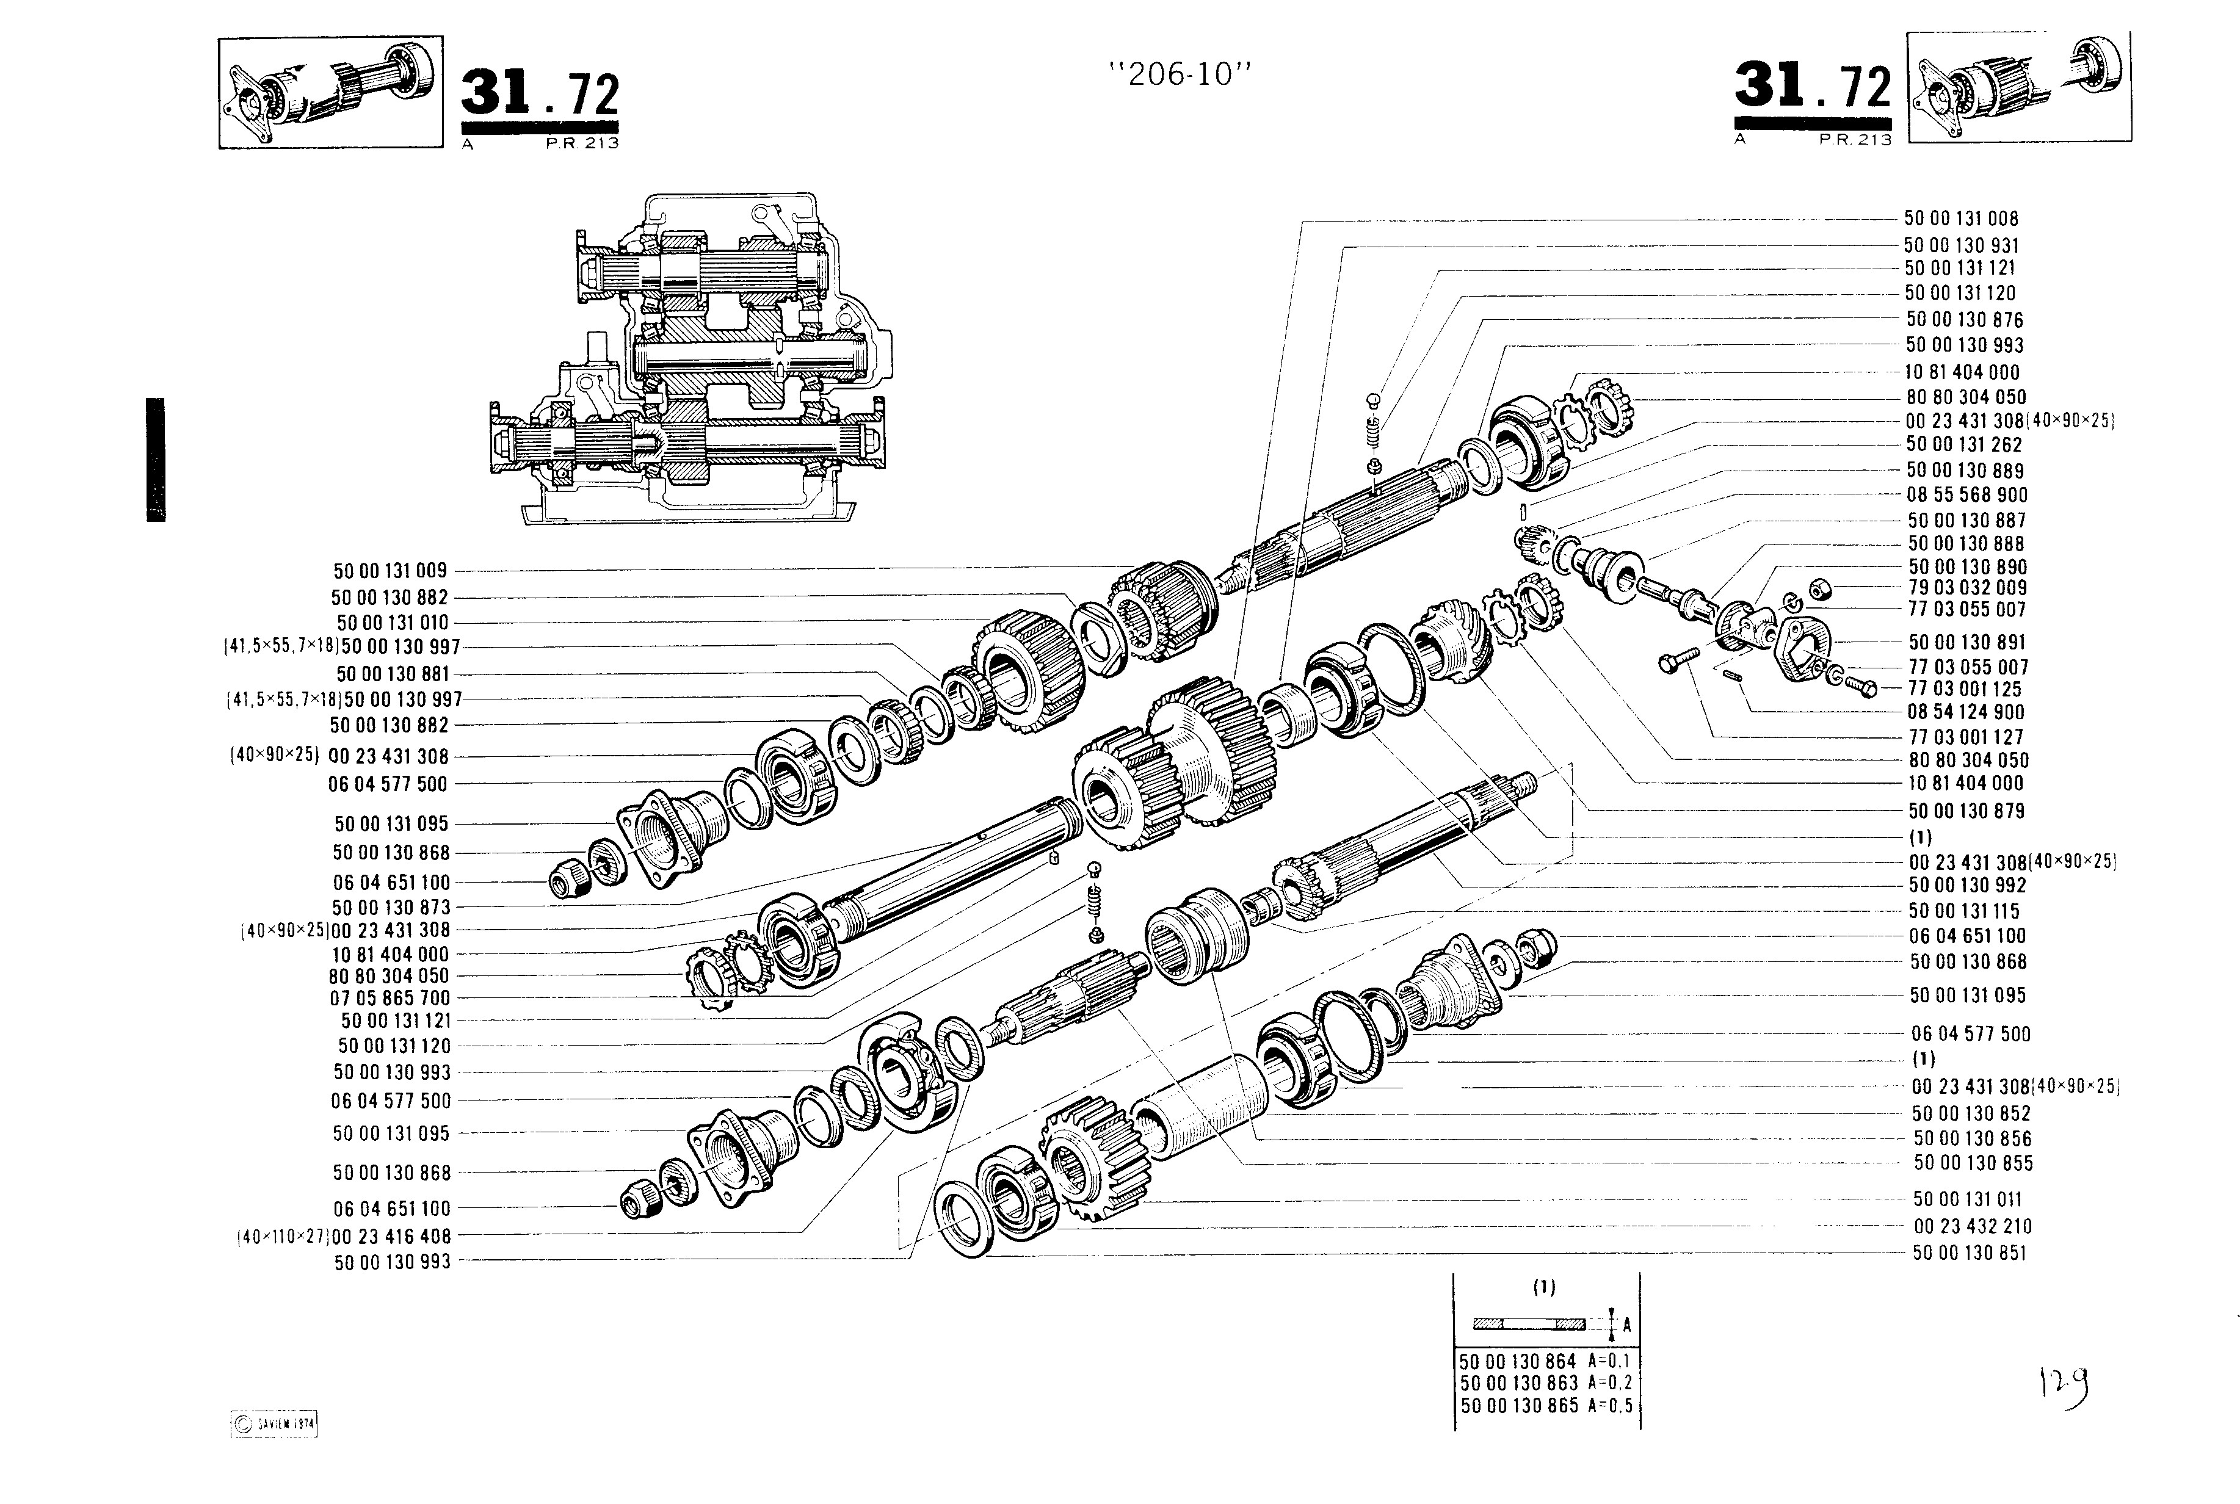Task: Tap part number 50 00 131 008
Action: coord(1961,219)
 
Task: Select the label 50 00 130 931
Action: coord(1961,245)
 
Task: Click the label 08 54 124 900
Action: coord(1966,712)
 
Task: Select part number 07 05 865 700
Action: coord(390,997)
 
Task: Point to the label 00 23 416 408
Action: coord(391,1237)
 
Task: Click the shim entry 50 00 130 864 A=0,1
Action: coord(1545,1361)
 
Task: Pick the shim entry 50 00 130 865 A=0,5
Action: coord(1545,1407)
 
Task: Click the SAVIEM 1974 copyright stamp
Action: coord(274,1425)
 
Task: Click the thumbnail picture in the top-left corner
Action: coord(330,92)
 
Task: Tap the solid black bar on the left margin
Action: coord(156,460)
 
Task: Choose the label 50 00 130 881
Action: coord(393,674)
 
